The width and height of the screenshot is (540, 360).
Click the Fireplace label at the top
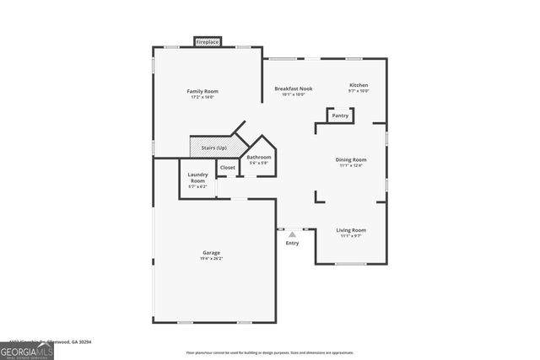coord(208,41)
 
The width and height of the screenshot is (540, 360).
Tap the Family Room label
coord(202,91)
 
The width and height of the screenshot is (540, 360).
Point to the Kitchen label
coord(359,85)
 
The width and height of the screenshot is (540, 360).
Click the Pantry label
coord(340,116)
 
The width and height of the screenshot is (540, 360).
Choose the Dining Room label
coord(351,159)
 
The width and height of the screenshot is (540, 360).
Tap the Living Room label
coord(351,229)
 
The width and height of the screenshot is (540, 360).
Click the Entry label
coord(292,244)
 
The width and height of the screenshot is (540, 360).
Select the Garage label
coord(211,253)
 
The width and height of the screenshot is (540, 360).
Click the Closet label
coord(228,168)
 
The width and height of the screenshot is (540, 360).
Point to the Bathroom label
coord(259,158)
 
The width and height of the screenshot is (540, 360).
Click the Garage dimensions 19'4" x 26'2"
coord(211,259)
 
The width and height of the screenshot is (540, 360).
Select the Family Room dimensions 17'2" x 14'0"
coord(202,97)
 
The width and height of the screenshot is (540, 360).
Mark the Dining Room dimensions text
coord(351,165)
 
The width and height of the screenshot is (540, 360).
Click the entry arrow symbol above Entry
coord(292,235)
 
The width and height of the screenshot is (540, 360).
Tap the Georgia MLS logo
coord(27,349)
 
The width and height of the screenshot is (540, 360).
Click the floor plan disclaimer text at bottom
coord(269,352)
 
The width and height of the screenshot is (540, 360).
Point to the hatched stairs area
coord(201,148)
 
